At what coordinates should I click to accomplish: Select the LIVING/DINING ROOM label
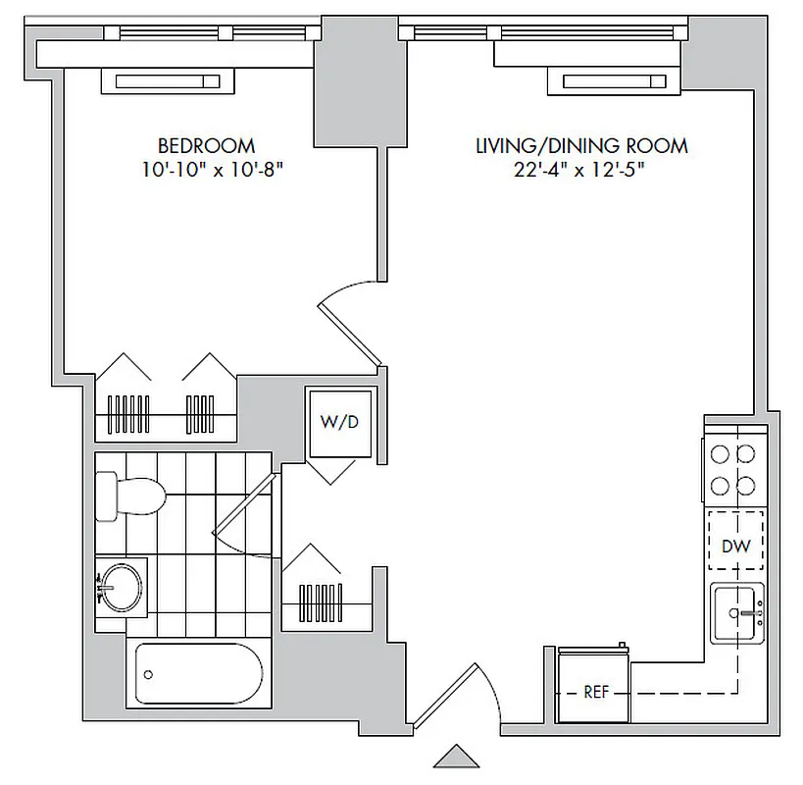580,146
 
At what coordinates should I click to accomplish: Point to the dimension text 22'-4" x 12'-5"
580,171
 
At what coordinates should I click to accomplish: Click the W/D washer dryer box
339,423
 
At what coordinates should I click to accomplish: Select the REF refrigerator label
594,691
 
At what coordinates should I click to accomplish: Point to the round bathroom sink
121,589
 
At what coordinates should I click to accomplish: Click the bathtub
197,673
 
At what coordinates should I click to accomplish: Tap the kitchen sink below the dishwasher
736,614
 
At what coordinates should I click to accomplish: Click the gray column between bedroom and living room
345,94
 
